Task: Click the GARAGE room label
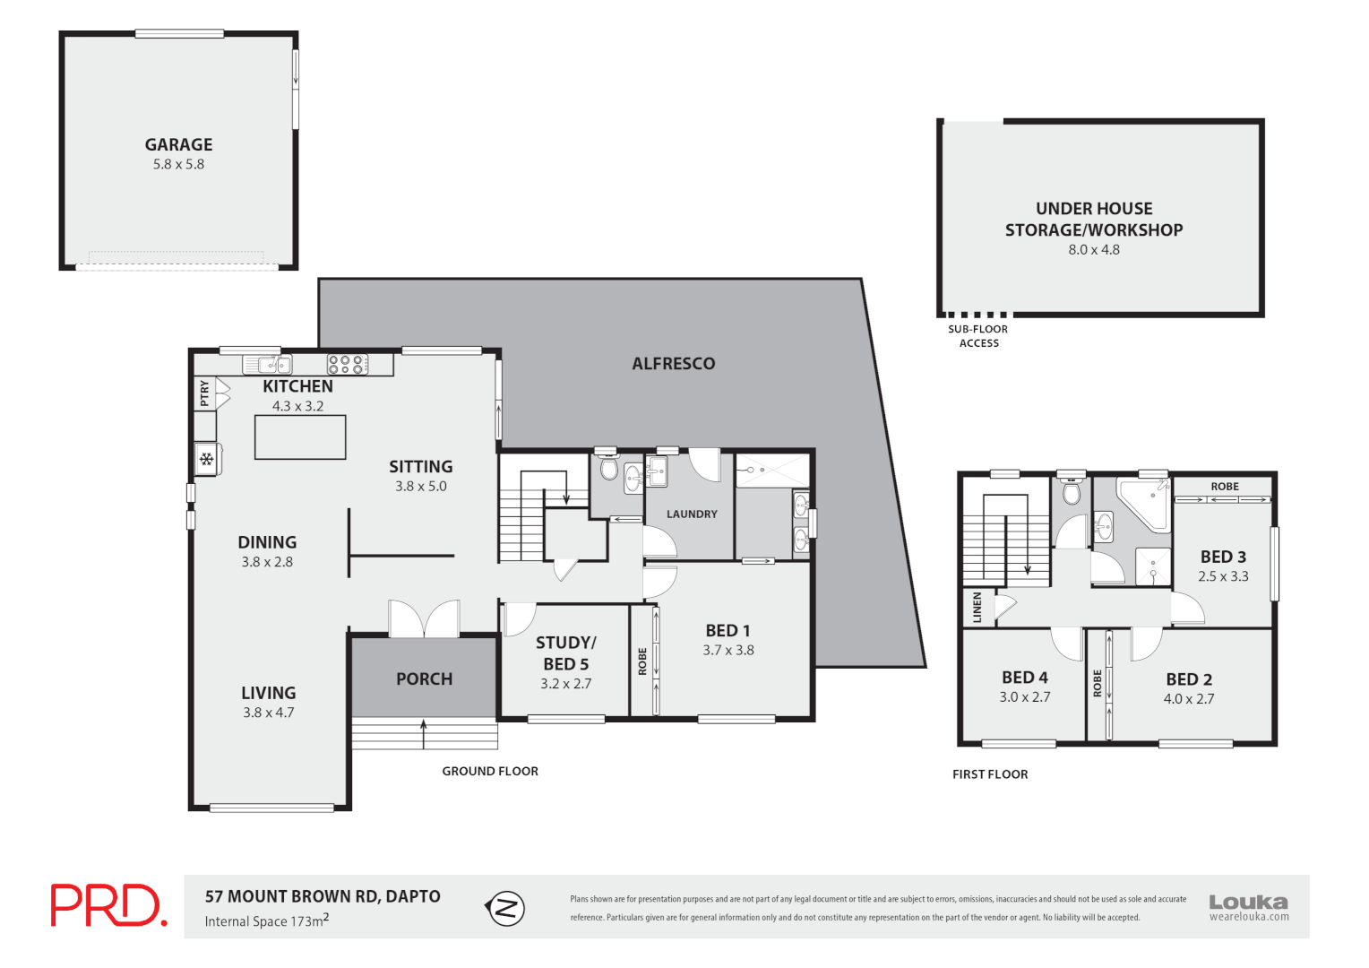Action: coord(178,144)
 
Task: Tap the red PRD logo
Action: coord(108,905)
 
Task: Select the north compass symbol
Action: coord(505,908)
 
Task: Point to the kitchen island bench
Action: coord(300,437)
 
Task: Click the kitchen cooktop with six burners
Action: coord(347,364)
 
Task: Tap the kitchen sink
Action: coord(268,364)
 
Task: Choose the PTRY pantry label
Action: coord(205,393)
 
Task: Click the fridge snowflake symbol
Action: coord(207,460)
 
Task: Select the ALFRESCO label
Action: coord(674,363)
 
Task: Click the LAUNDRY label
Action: coord(692,514)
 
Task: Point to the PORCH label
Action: coord(424,678)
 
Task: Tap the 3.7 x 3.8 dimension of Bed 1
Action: coord(728,650)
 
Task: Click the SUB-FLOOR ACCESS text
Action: coord(978,336)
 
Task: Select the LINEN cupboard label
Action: coord(977,607)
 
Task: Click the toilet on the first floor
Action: coord(1071,491)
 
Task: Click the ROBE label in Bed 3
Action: coord(1225,487)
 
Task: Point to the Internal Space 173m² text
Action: coord(266,920)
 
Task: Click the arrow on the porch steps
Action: coord(424,731)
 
